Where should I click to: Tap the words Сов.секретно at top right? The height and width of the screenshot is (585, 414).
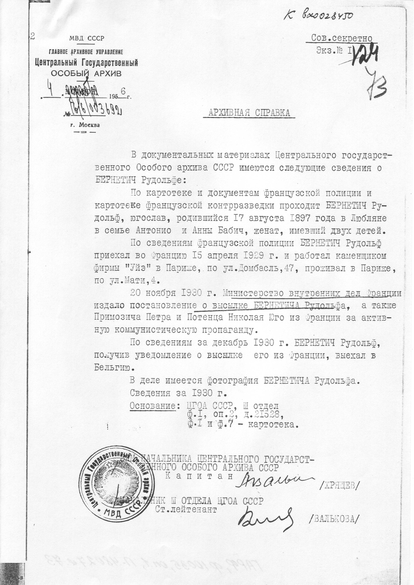coord(342,39)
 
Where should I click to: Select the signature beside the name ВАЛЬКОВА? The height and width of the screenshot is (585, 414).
coord(266,519)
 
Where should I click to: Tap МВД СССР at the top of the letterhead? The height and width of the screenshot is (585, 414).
coord(86,39)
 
